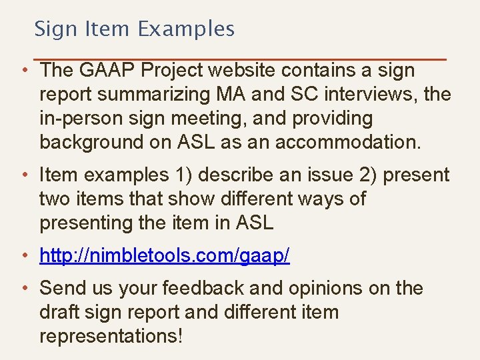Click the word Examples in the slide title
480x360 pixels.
(x=187, y=29)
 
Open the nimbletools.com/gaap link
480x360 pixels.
(x=165, y=255)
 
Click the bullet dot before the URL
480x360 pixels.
(x=23, y=255)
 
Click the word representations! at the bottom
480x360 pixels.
(x=111, y=337)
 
